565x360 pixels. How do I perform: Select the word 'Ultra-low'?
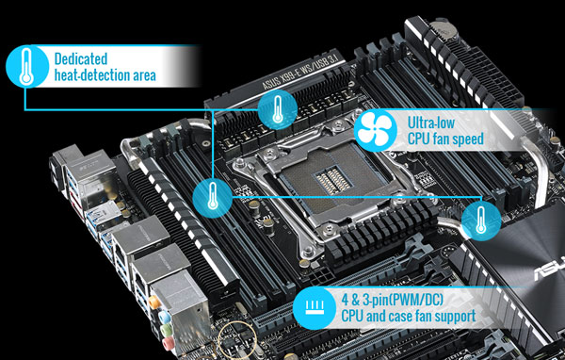434,123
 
